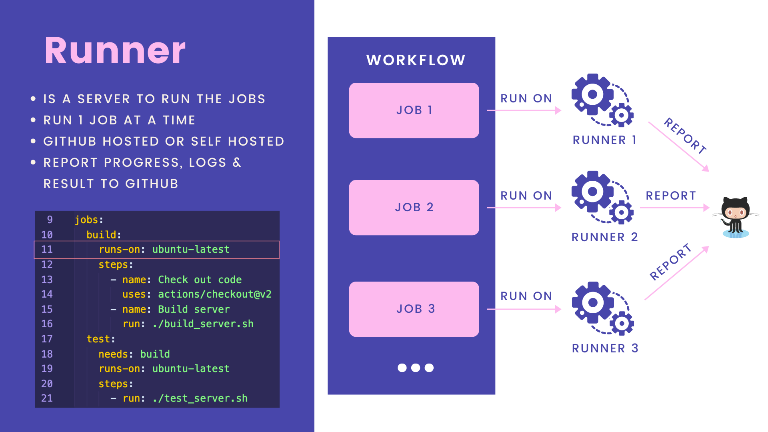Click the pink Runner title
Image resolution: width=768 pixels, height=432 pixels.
pyautogui.click(x=115, y=51)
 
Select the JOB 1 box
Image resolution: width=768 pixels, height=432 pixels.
pyautogui.click(x=414, y=110)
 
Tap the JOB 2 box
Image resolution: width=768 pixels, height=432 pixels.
pyautogui.click(x=414, y=208)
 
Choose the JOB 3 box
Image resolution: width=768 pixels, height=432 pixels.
pyautogui.click(x=414, y=309)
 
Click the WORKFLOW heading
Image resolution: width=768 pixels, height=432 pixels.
pyautogui.click(x=416, y=60)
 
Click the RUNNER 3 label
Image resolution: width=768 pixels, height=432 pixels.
pyautogui.click(x=605, y=348)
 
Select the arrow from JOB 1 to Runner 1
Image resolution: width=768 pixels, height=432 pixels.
pyautogui.click(x=524, y=110)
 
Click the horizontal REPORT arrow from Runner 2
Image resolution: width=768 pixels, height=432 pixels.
pyautogui.click(x=674, y=208)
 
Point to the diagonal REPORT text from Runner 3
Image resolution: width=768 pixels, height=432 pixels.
pyautogui.click(x=670, y=262)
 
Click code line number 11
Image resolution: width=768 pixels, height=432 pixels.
pyautogui.click(x=47, y=250)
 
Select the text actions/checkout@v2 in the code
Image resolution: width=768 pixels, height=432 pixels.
pyautogui.click(x=215, y=294)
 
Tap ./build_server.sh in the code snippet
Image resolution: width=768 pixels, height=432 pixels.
pyautogui.click(x=203, y=324)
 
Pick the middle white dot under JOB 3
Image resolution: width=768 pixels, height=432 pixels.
pyautogui.click(x=416, y=368)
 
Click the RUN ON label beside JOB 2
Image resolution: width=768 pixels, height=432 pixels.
pyautogui.click(x=526, y=196)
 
